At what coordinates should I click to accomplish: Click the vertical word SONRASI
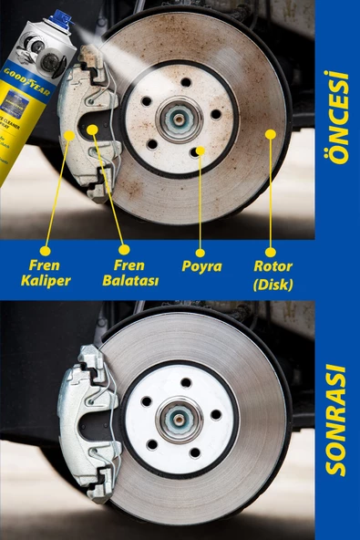point(337,421)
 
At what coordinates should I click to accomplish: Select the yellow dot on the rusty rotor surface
point(269,134)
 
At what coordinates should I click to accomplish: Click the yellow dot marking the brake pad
point(92,130)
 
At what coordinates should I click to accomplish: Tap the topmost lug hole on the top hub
point(185,82)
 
